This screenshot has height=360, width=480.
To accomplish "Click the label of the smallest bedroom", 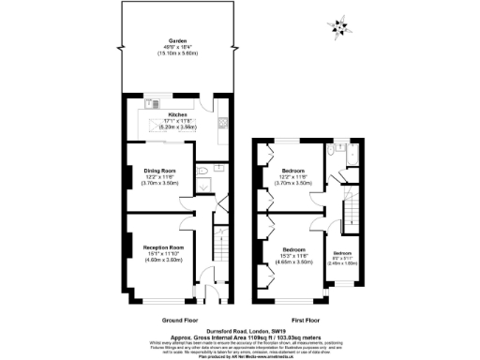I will pos(343,252).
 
